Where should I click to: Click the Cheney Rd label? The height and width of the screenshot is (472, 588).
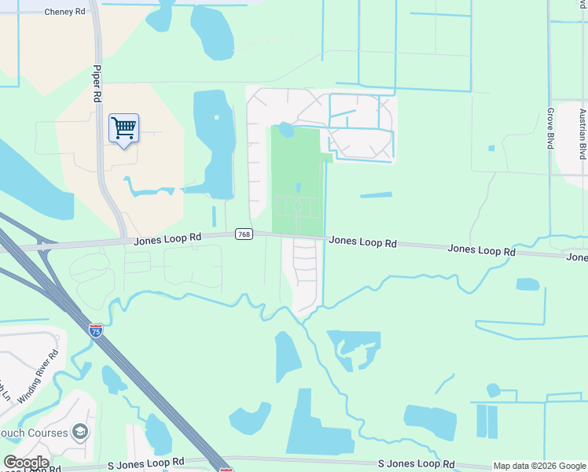point(64,12)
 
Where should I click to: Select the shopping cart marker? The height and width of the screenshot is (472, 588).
point(124,128)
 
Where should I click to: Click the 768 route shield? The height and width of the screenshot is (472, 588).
point(244,235)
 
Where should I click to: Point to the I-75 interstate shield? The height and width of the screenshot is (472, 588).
point(96,330)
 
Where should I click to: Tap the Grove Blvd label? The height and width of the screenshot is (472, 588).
point(550,128)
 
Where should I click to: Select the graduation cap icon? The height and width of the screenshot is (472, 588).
point(79,431)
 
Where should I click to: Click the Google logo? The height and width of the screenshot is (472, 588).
point(26,463)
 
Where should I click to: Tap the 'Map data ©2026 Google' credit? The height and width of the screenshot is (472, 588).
point(539,466)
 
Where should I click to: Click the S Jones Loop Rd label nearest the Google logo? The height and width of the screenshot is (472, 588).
point(149,462)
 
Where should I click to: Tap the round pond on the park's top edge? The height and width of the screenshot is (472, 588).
point(286,130)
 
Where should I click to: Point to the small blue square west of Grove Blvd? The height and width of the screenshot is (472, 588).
point(491,148)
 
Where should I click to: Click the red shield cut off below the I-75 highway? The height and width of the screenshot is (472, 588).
point(226,469)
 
